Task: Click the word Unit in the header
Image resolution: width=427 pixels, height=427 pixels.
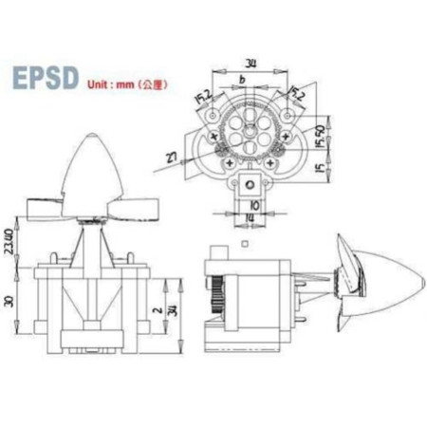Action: click(98, 84)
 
